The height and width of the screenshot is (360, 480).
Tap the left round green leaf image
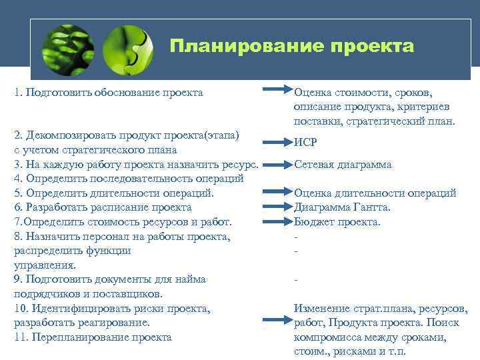[x=67, y=50]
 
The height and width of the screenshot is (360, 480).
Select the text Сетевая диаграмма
[x=343, y=164]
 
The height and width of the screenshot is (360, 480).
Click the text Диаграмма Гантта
[x=342, y=207]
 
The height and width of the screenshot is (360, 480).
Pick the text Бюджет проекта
[x=337, y=222]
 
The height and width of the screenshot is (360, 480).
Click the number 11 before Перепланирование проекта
[x=19, y=337]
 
